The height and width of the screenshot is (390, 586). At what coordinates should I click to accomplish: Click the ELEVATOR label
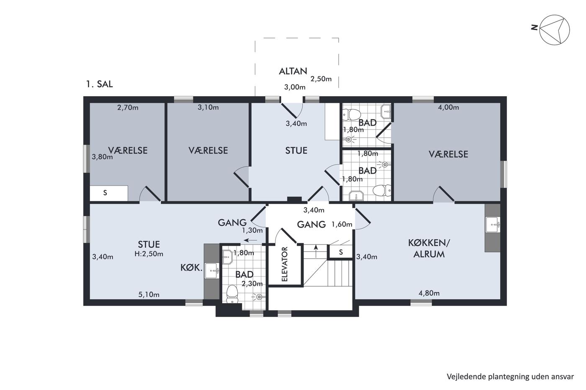click(x=285, y=264)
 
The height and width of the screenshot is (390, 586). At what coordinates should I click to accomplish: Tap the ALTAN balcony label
click(x=293, y=71)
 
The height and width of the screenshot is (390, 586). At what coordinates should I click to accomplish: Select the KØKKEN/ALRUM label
click(x=429, y=248)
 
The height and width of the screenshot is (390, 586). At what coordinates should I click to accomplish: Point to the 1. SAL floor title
click(x=100, y=84)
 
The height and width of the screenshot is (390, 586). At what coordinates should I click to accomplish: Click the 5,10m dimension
click(x=149, y=295)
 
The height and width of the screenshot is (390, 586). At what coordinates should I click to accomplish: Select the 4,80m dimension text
click(x=429, y=293)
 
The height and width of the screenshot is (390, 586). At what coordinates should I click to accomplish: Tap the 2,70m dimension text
click(x=128, y=107)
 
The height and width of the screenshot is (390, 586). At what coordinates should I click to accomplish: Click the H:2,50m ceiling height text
click(x=149, y=254)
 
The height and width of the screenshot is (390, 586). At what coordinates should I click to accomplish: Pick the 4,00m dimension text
click(x=448, y=107)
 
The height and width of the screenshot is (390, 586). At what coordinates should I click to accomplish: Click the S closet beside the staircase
click(x=341, y=252)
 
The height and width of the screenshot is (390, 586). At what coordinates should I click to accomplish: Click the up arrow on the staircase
click(x=316, y=251)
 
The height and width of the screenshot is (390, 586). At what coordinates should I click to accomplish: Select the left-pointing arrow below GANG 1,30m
click(x=250, y=240)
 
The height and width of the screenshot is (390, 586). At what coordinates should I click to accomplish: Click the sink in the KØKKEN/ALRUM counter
click(x=493, y=224)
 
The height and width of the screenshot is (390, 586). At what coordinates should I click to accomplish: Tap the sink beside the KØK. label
click(x=212, y=271)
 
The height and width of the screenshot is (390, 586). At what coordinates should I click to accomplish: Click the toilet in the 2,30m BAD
click(x=232, y=293)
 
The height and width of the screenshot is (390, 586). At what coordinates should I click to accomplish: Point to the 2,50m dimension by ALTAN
click(x=321, y=79)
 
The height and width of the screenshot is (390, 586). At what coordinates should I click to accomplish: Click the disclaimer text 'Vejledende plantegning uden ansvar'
click(x=510, y=377)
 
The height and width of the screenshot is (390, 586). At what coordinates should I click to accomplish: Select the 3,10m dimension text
click(x=208, y=107)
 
